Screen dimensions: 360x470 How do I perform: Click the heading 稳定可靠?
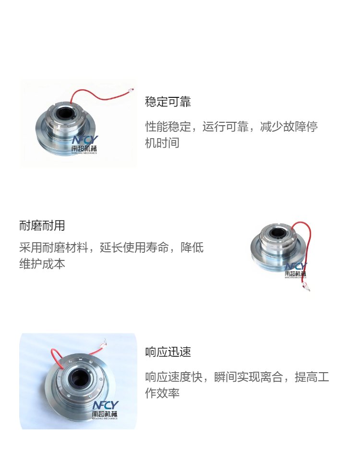point(168,102)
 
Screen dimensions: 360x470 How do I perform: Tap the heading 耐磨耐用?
point(42,225)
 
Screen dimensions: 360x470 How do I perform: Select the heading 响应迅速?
point(168,352)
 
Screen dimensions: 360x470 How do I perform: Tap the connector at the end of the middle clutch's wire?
point(306,286)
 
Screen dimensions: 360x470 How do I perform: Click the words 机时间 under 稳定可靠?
point(162,143)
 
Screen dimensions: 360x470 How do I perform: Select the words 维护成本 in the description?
point(42,264)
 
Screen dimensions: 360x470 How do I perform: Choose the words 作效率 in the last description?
point(162,393)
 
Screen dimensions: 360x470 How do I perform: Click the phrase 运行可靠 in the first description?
point(225,127)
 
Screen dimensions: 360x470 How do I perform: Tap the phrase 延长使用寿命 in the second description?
point(134,247)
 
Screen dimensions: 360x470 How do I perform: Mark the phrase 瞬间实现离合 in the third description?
point(249,377)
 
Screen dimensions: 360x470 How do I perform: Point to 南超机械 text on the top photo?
point(84,148)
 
